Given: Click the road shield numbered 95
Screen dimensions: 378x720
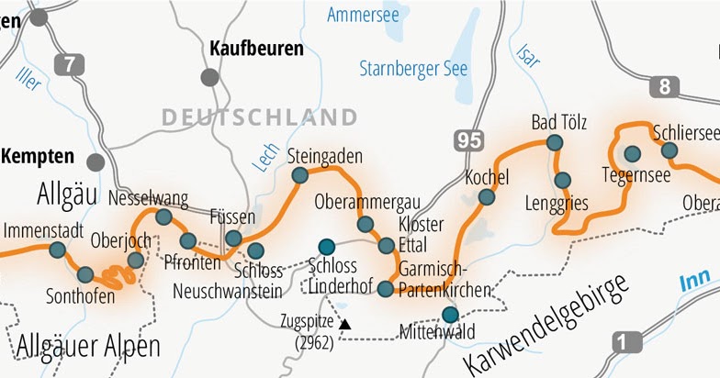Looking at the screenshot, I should pyautogui.click(x=467, y=140).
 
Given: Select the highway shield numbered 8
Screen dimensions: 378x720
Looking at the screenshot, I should pyautogui.click(x=662, y=88).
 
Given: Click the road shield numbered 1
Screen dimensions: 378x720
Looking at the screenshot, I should pyautogui.click(x=625, y=343).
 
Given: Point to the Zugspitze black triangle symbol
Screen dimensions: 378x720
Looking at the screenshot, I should pyautogui.click(x=344, y=324).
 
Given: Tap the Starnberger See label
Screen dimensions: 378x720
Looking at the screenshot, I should pyautogui.click(x=413, y=69).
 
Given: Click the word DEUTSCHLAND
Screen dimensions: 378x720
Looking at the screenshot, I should pyautogui.click(x=258, y=117).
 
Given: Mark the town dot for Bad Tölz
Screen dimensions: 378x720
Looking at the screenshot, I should pyautogui.click(x=554, y=142).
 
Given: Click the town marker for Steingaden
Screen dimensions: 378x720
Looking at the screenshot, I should pyautogui.click(x=299, y=175).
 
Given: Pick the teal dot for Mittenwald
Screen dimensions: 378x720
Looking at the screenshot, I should pyautogui.click(x=449, y=315).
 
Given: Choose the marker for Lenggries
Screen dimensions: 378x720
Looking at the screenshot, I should pyautogui.click(x=562, y=180).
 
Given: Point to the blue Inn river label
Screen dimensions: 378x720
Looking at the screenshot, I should pyautogui.click(x=695, y=283).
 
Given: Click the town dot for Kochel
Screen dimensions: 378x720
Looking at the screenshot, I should pyautogui.click(x=486, y=196).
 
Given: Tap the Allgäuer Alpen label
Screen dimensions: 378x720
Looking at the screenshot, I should pyautogui.click(x=87, y=347).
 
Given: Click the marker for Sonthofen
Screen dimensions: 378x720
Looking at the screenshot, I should pyautogui.click(x=85, y=273).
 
